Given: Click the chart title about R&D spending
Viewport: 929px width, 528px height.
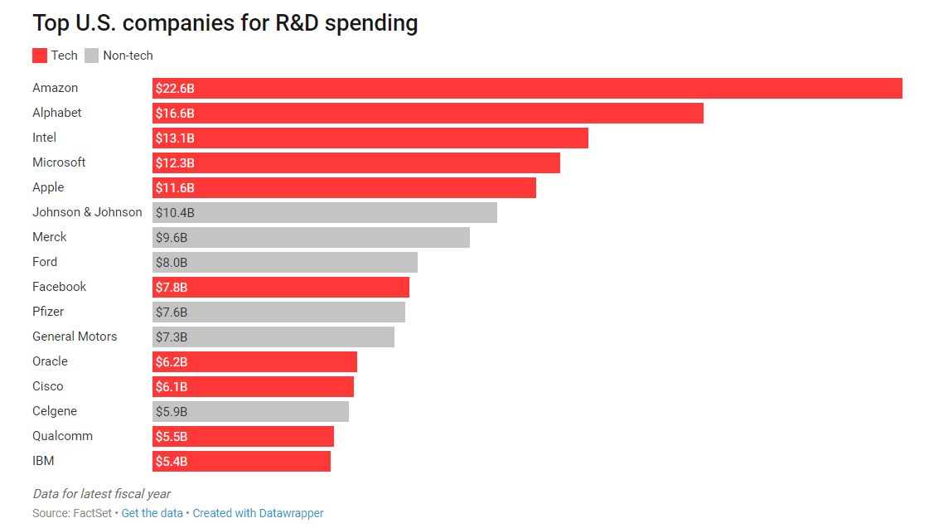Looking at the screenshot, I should tap(225, 23).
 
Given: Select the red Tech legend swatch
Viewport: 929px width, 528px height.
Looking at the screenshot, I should tap(40, 56).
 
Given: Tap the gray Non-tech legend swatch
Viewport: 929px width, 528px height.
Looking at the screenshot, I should tap(91, 56).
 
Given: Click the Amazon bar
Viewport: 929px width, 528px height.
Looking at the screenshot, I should tap(527, 88).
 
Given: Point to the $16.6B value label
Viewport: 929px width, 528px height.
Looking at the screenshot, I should tap(175, 114).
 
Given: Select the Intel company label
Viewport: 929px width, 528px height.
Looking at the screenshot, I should tap(45, 138).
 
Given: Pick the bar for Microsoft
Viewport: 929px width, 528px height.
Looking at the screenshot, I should tap(356, 162).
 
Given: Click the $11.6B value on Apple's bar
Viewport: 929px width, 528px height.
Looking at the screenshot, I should tap(175, 188).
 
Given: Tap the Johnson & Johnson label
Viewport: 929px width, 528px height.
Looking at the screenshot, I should tap(87, 212).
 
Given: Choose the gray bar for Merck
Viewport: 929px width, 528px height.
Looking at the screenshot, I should tap(311, 237).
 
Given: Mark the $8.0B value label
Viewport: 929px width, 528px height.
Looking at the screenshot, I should tap(172, 263).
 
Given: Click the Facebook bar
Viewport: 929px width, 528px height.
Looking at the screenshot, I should tap(281, 287).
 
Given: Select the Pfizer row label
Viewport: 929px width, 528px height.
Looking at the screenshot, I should tap(48, 312).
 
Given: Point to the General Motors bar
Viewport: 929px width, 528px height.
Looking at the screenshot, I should tap(273, 337).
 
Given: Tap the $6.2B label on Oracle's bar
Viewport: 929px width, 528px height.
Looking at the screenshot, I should tap(172, 362).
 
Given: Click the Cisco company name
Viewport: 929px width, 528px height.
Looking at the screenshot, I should tap(48, 386).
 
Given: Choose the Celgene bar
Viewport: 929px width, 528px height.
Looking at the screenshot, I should tap(250, 411).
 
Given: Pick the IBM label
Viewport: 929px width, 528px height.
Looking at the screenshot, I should tap(43, 461).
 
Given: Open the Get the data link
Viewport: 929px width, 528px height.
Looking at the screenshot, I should tap(152, 513).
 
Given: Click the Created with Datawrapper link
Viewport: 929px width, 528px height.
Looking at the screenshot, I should tap(258, 513).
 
